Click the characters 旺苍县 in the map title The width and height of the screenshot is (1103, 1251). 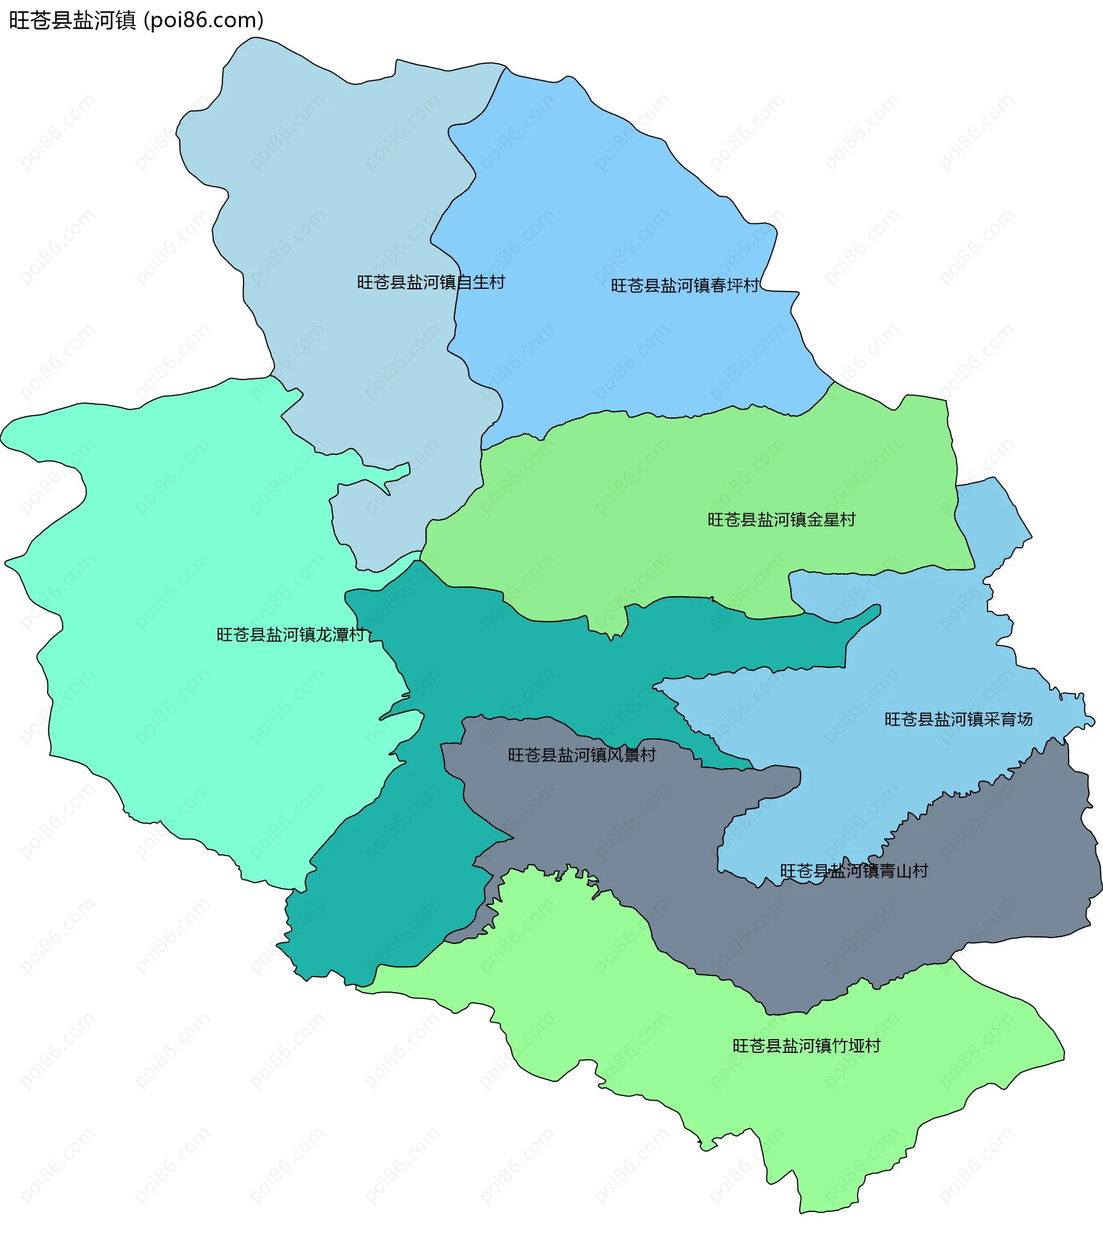tap(40, 20)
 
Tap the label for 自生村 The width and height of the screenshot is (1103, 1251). tap(431, 282)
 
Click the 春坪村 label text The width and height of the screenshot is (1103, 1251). tap(685, 286)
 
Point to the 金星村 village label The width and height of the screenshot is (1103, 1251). tap(781, 520)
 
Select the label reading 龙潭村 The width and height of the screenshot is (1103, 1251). tap(290, 634)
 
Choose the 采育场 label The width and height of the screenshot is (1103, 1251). tap(958, 719)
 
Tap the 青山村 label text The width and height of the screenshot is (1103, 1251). tap(854, 871)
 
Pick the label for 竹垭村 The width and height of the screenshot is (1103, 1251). tap(807, 1046)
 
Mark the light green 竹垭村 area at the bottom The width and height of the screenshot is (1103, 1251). tap(612, 1010)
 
